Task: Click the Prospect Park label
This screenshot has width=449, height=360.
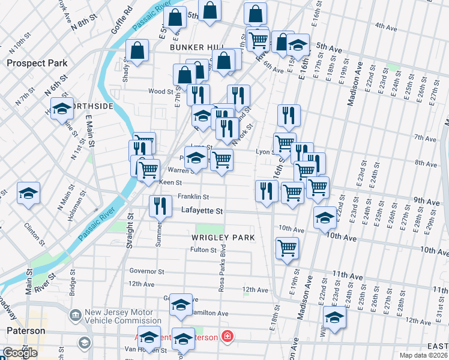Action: point(32,62)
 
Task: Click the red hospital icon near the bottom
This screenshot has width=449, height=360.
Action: point(227,336)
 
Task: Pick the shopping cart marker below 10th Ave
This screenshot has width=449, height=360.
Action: point(287,247)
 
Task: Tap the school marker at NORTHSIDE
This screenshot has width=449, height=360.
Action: point(61,109)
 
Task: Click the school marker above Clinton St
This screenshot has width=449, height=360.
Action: point(28,193)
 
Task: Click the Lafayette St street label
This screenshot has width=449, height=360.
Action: point(202,211)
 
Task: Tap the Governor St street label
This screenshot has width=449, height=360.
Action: point(146,271)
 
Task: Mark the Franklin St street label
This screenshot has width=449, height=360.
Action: point(193,196)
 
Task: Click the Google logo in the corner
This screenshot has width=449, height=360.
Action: point(20,353)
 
